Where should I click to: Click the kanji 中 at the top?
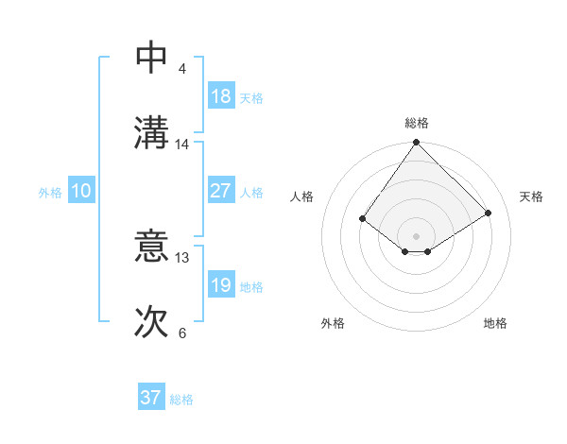(151, 58)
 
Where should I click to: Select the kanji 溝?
(151, 133)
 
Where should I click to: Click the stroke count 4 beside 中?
(182, 69)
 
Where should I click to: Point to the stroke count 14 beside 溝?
(182, 145)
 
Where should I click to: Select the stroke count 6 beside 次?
(182, 333)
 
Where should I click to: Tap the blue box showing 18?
(220, 96)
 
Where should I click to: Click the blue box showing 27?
(220, 191)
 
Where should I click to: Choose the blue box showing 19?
(220, 285)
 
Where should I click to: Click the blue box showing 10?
(80, 191)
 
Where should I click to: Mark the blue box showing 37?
(150, 398)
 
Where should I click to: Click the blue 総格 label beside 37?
(181, 400)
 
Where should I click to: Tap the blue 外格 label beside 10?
(50, 193)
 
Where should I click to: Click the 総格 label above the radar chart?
(417, 123)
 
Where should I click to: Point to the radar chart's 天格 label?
(531, 196)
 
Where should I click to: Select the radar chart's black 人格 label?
(302, 196)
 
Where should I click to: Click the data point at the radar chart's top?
(417, 144)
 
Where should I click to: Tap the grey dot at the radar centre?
(417, 235)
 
